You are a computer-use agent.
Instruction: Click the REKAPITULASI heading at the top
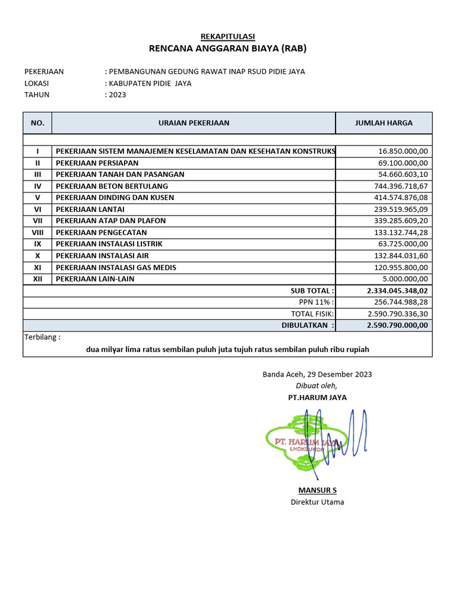coord(227,37)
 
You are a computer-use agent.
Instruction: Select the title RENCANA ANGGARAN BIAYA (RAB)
coord(227,49)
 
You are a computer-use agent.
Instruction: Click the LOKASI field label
coord(36,83)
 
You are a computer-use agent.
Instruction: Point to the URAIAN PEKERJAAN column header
coord(194,123)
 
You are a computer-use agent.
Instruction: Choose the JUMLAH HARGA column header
coord(384,123)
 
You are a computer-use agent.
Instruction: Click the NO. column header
coord(37,123)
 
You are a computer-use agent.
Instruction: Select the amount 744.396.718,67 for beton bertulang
coord(401,186)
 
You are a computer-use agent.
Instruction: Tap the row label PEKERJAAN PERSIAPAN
coord(97,163)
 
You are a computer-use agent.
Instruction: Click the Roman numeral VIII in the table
coord(37,232)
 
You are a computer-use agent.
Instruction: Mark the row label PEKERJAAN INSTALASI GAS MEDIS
coord(120,267)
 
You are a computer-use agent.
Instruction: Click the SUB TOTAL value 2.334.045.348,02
coord(397,290)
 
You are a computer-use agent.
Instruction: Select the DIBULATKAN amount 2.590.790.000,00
coord(397,325)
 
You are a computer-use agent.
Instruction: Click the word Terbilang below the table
coord(42,337)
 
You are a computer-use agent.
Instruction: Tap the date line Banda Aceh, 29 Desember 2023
coord(317,374)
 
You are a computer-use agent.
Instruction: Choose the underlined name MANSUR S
coord(317,490)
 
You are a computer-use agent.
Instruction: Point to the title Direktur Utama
coord(317,502)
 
